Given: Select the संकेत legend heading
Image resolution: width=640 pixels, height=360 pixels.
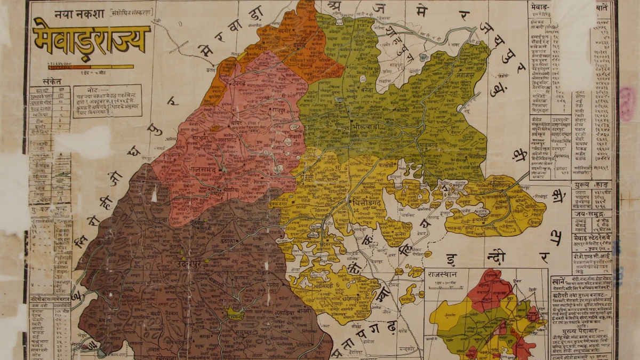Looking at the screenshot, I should click(52, 82).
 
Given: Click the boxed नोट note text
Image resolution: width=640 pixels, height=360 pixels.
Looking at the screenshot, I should click(107, 101).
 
